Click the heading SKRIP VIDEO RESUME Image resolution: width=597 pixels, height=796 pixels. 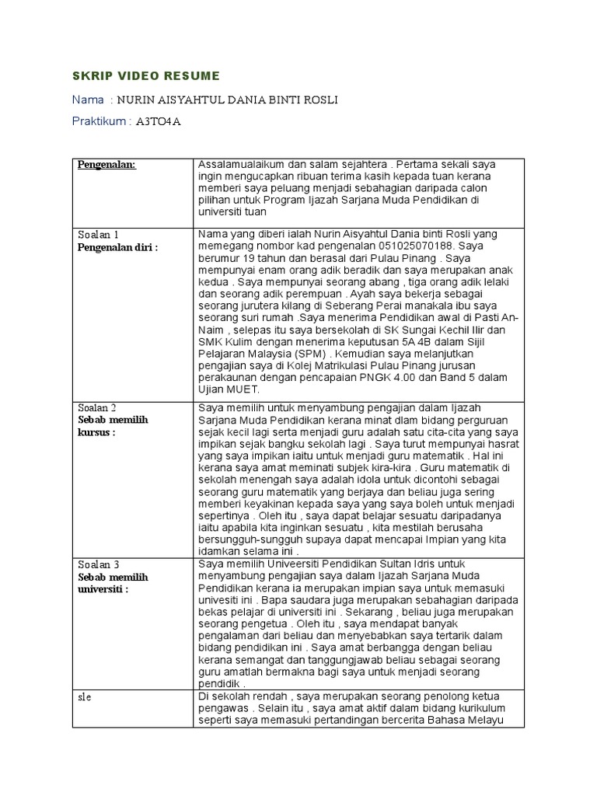(146, 75)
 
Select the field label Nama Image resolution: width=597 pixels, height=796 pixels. (87, 99)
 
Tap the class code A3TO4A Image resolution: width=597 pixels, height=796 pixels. (159, 122)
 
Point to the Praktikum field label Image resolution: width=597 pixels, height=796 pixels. (101, 122)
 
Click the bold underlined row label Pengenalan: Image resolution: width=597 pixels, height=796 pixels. (106, 165)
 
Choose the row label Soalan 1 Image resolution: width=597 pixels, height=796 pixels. (98, 235)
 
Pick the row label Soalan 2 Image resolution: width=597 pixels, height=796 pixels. (97, 407)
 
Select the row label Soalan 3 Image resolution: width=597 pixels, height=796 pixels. (98, 564)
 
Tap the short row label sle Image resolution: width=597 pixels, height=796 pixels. (85, 696)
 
